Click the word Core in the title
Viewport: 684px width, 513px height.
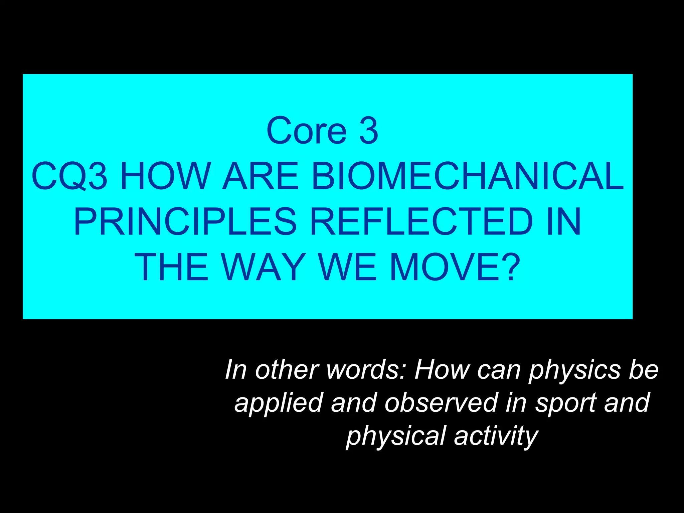point(307,131)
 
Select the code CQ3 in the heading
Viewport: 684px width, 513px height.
point(69,176)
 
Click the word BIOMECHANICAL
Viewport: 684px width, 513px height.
point(467,176)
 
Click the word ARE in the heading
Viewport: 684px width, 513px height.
point(261,176)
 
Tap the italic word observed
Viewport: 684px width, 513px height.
point(441,403)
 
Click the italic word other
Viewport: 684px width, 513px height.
point(287,370)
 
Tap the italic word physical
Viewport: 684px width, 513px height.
point(396,436)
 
